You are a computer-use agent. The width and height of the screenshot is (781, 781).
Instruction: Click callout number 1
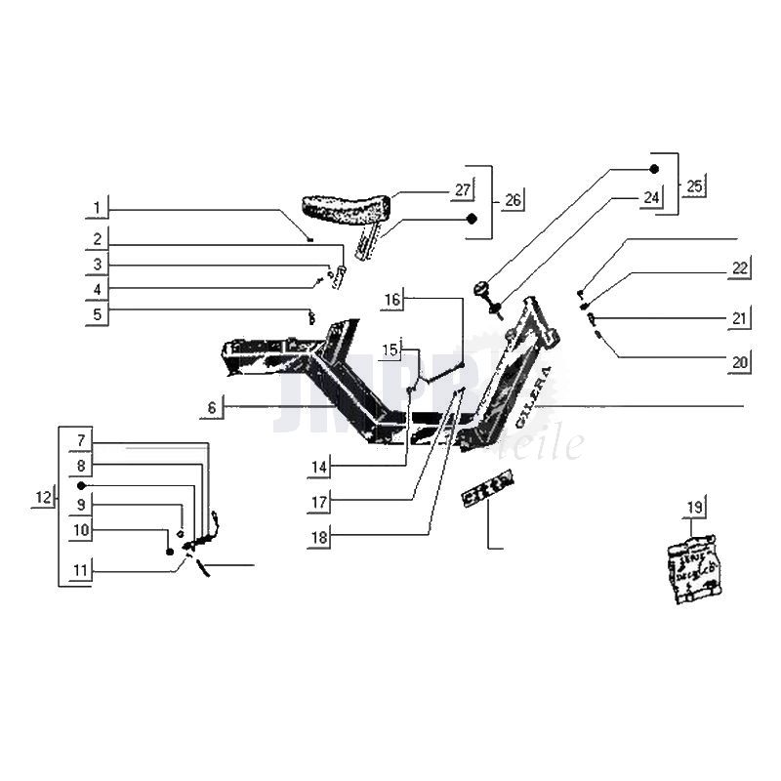click(97, 208)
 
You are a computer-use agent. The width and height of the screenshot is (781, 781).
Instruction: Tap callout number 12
click(42, 498)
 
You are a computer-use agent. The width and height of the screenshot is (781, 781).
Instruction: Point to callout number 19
click(694, 508)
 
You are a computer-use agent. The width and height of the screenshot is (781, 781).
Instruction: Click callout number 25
click(694, 185)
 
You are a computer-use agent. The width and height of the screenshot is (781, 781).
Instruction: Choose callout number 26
click(513, 200)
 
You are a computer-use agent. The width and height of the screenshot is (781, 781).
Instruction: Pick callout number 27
click(462, 189)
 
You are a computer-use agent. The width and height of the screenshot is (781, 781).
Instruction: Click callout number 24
click(650, 197)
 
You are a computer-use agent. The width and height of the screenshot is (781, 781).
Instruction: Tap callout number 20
click(739, 362)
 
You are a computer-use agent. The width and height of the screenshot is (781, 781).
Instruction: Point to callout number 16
click(391, 301)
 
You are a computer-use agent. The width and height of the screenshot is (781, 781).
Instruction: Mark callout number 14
click(319, 469)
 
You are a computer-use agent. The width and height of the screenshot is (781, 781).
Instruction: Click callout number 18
click(319, 536)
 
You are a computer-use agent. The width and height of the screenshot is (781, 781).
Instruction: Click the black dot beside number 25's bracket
click(654, 169)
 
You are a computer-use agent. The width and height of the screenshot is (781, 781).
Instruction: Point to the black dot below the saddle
click(472, 219)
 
